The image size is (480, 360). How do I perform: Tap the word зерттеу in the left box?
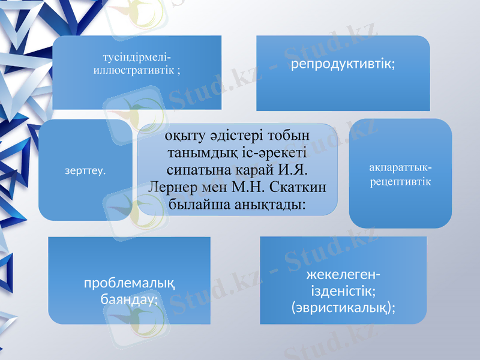85,171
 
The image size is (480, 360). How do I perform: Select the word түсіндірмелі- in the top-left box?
137,58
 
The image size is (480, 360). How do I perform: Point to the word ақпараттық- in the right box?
400,167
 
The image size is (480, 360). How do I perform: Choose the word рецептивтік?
400,180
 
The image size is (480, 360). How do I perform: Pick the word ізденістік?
343,292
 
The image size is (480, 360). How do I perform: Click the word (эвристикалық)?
342,307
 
